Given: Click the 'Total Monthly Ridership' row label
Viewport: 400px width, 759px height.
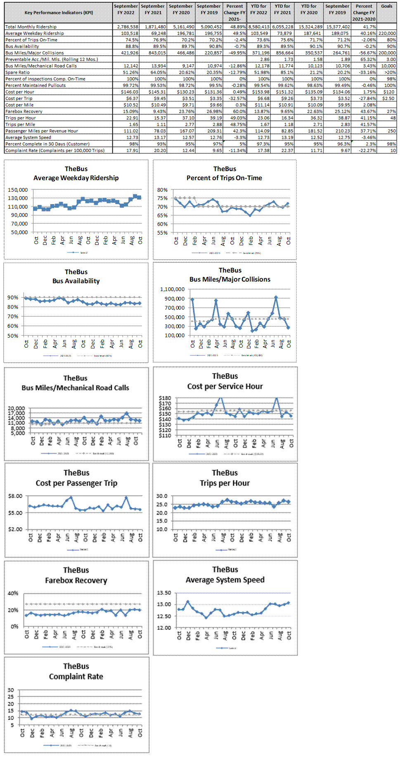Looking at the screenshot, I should tap(31, 27).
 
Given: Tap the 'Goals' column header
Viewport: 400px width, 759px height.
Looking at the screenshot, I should tap(387, 6).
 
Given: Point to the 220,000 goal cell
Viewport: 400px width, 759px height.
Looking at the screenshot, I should tap(387, 33).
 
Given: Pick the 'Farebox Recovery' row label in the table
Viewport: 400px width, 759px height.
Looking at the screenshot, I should tap(24, 111).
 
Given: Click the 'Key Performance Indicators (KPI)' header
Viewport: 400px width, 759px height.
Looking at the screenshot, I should tap(59, 13).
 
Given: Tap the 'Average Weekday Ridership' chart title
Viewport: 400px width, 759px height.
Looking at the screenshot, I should tap(76, 178).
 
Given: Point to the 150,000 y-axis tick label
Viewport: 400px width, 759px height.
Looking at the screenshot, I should tap(18, 190).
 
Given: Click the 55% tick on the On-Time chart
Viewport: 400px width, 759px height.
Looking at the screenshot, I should tap(162, 233).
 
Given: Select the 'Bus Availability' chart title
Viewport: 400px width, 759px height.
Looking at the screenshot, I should tap(76, 281).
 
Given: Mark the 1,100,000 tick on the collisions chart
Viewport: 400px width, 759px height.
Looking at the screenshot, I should tap(172, 289).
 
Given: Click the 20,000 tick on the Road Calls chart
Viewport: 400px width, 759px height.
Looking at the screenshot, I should tap(17, 408).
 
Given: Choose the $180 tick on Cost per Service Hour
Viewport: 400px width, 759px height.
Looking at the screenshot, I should tap(165, 398).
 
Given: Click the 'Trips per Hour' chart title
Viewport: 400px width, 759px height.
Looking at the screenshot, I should tap(225, 483).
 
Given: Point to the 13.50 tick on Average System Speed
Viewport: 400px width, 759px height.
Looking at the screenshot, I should tap(164, 593).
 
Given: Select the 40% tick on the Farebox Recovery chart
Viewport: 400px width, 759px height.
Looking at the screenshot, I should tap(13, 593).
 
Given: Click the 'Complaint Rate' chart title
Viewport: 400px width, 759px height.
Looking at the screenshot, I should tap(76, 677).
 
